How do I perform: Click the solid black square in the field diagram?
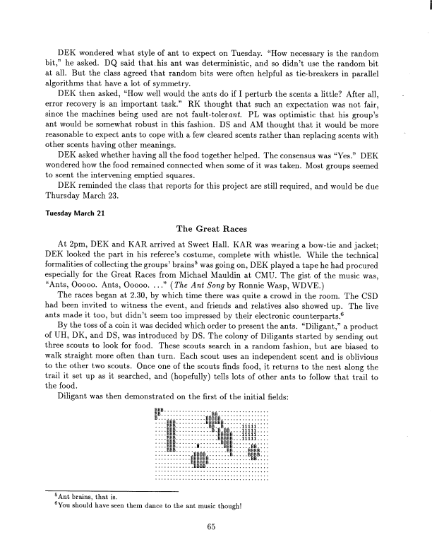199,446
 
